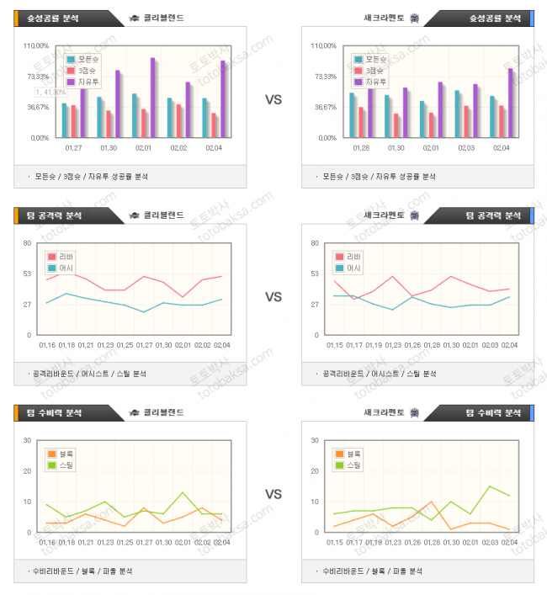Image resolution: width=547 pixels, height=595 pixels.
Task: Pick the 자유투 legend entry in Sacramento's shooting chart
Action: pos(371,82)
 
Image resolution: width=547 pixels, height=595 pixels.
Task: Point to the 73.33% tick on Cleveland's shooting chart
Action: pos(39,77)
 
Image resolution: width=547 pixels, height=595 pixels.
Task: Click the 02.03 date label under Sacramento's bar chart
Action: pos(466,148)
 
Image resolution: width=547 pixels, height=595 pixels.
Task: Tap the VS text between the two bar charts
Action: pos(273,100)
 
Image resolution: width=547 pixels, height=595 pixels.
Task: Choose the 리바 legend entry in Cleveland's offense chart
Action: pos(65,257)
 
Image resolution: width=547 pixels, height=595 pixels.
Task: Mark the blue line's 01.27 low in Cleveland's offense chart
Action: pos(144,312)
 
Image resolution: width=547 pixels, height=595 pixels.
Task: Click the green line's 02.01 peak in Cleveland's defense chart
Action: pos(183,492)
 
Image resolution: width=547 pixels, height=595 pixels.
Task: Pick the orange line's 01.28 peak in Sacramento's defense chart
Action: pos(432,502)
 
